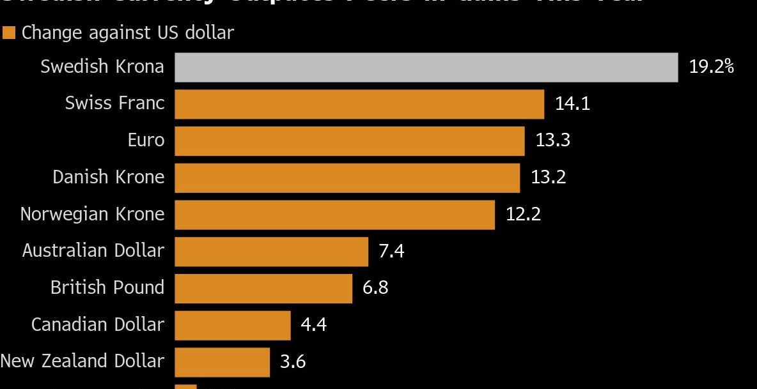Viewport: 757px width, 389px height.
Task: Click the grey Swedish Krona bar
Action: point(426,68)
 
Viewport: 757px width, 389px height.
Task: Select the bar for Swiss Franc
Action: point(359,104)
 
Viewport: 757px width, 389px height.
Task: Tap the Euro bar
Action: point(349,141)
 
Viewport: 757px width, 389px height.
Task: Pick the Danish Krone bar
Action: point(347,178)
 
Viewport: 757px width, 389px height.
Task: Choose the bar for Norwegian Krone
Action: point(334,215)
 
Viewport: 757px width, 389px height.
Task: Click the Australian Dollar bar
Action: point(271,252)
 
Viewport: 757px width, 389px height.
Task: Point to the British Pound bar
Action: point(263,289)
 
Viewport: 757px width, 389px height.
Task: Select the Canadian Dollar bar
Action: point(232,325)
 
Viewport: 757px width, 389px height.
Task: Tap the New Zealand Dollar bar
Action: point(222,362)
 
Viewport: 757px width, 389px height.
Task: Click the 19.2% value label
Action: point(711,66)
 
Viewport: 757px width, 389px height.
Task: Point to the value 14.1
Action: point(572,103)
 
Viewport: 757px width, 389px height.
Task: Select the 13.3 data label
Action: point(552,140)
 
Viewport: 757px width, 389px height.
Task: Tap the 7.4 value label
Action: point(391,251)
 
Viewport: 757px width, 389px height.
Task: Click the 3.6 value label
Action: point(293,362)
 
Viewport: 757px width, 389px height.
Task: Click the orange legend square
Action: point(9,33)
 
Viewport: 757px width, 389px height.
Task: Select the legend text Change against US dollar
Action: point(128,33)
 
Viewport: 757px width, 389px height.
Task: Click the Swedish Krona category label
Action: point(102,66)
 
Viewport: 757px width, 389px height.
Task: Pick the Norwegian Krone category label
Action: point(92,214)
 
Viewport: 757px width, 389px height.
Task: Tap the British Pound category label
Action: point(107,287)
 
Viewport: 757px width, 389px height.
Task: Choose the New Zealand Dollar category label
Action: point(82,361)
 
